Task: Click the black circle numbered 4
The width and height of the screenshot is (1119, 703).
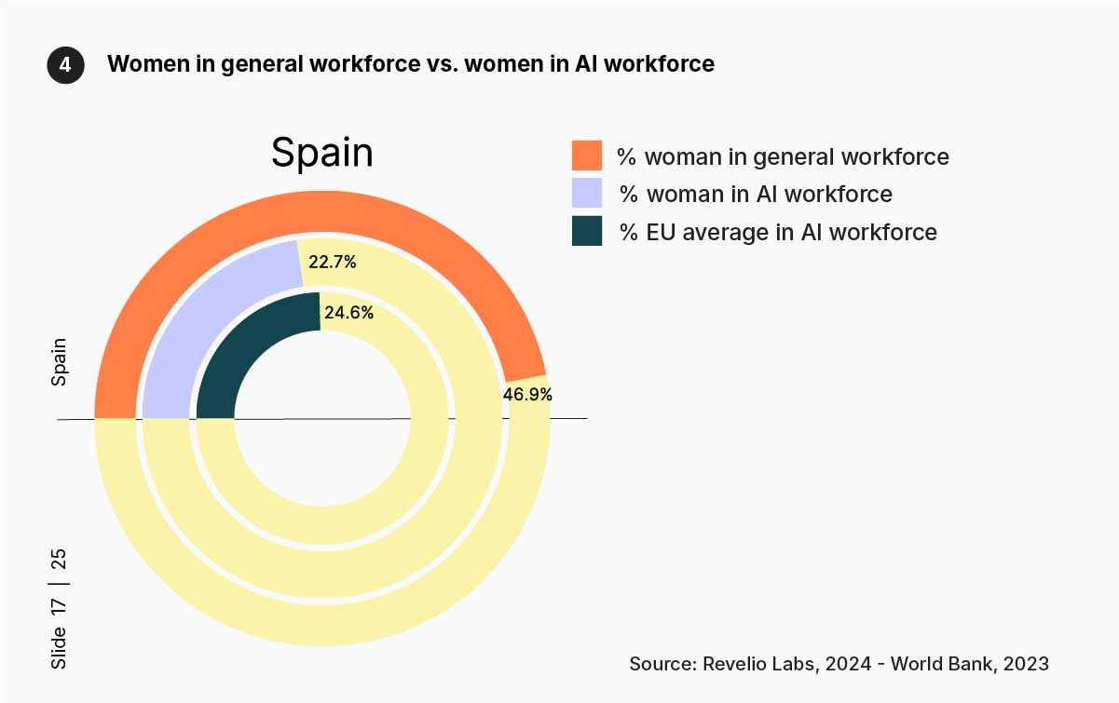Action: [x=65, y=66]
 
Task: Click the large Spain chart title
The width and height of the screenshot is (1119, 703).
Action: [x=322, y=153]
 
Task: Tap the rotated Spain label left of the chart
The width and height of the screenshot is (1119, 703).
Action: [x=60, y=361]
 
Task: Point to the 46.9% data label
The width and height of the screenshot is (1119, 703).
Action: [x=527, y=394]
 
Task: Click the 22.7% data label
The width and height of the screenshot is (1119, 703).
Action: [x=333, y=263]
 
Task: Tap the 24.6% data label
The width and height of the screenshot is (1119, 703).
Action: [x=348, y=313]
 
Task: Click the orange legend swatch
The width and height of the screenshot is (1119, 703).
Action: [x=587, y=155]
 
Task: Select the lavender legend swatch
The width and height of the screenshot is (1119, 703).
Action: [x=587, y=193]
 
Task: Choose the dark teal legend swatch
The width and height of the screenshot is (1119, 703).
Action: [x=587, y=231]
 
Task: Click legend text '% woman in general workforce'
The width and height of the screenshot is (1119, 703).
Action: [x=783, y=156]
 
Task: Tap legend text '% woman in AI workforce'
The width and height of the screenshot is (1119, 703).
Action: [x=756, y=194]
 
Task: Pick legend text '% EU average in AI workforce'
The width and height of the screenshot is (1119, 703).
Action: [x=778, y=232]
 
